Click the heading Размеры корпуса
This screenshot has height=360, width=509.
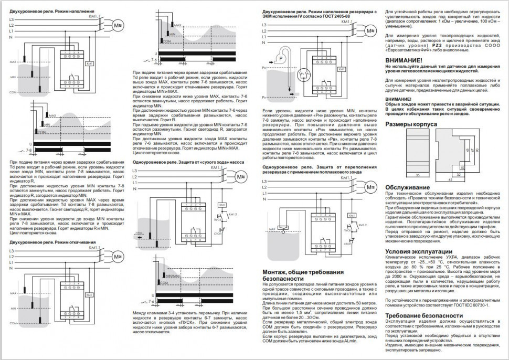coord(411,124)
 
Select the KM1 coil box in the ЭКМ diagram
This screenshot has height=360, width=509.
coord(342,69)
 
